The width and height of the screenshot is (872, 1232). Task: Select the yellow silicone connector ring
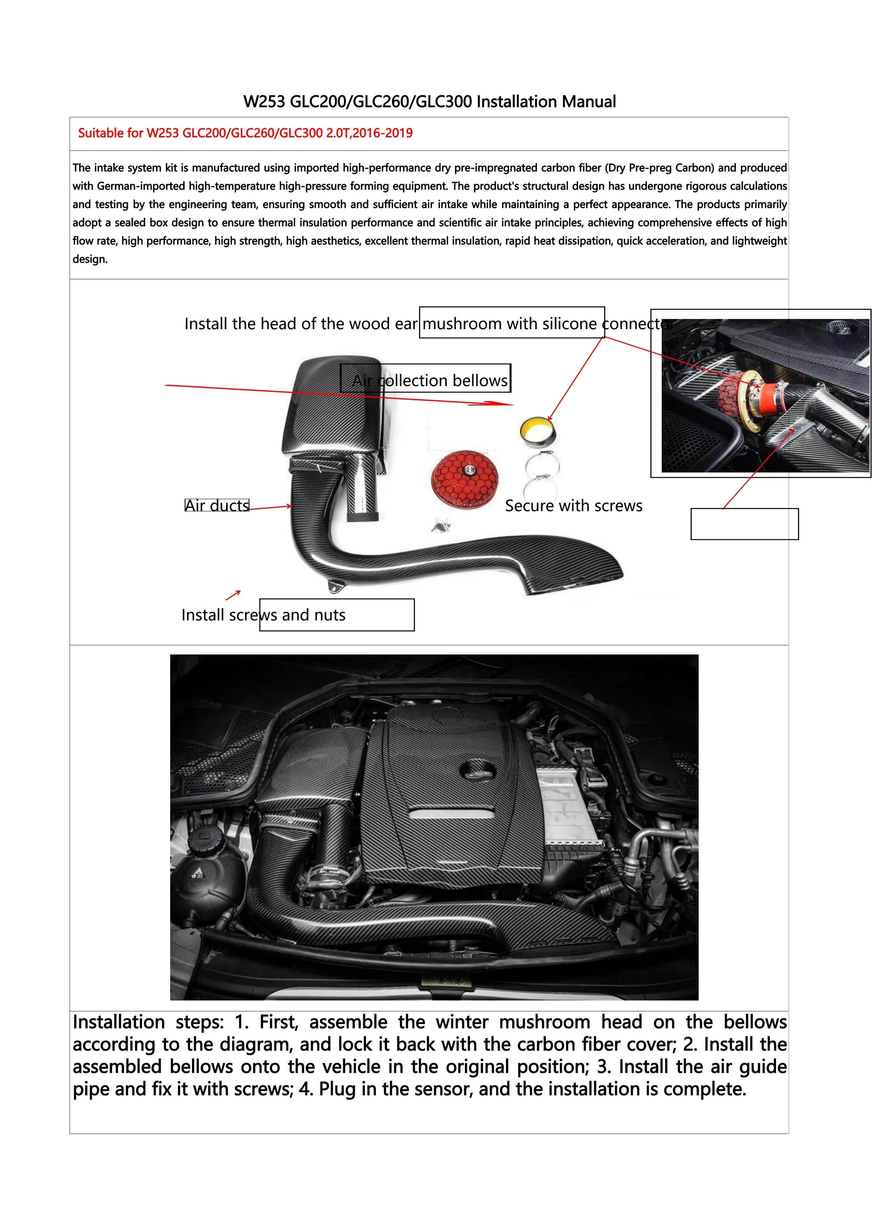538,431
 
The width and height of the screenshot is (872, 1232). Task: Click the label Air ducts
217,506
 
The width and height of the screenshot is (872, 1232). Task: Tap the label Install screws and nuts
263,614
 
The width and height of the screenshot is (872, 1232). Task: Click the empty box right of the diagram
744,524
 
